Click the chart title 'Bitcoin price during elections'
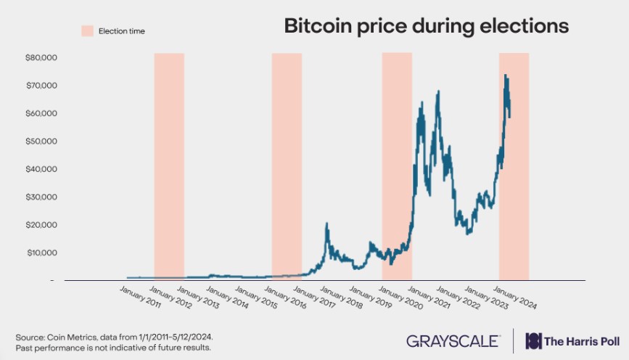[426, 27]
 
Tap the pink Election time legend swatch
[87, 31]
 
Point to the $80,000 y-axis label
[41, 57]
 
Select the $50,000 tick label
[41, 142]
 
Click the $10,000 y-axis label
[41, 253]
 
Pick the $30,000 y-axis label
[41, 197]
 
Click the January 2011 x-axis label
[141, 298]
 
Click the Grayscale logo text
[453, 340]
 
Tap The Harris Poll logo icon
[534, 340]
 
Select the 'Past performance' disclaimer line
[113, 348]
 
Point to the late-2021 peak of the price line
[438, 92]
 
